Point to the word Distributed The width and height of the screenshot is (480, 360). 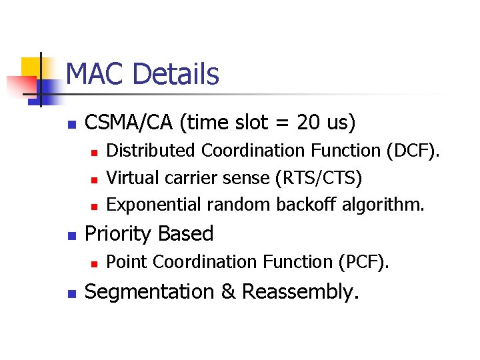pos(151,151)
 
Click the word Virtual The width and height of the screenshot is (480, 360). pos(129,178)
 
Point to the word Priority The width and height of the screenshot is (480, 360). pos(115,234)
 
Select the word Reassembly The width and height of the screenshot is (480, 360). pos(300,292)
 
